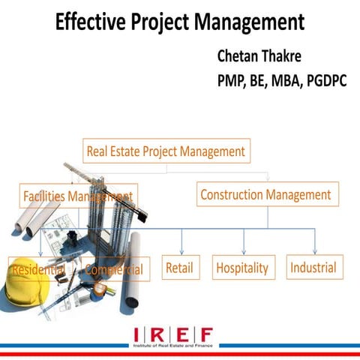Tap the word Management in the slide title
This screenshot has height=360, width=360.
coord(247,22)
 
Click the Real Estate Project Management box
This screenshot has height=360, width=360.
coord(166,151)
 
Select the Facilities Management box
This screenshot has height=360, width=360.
coord(77,196)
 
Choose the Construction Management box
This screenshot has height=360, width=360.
coord(265,195)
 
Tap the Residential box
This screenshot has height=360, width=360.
coord(38,268)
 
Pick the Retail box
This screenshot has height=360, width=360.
coord(181,268)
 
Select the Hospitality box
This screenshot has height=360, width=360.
coord(242,268)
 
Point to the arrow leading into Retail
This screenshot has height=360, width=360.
coord(181,246)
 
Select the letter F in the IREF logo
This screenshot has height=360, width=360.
coord(205,334)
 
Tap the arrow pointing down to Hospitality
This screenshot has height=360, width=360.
coord(244,245)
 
